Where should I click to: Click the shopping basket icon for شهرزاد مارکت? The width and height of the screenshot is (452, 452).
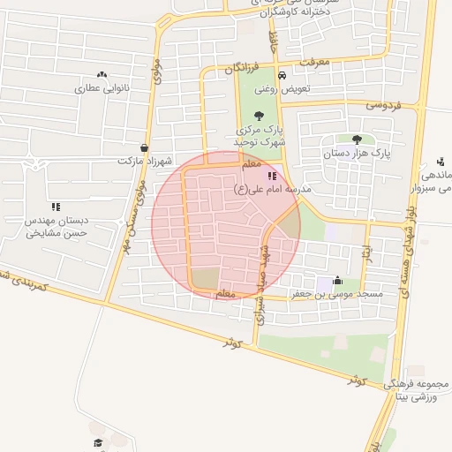[x=144, y=148]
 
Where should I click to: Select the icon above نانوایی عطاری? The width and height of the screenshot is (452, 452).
[x=102, y=75]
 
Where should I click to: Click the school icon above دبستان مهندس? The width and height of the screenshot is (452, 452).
[x=56, y=207]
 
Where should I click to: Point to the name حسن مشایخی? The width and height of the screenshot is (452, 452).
[x=55, y=234]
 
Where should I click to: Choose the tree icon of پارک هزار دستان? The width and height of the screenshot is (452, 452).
[x=357, y=139]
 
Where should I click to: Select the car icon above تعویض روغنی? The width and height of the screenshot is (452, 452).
[x=281, y=75]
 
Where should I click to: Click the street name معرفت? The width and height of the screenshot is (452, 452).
[x=313, y=63]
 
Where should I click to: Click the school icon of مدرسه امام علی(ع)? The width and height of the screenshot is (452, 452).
[x=271, y=177]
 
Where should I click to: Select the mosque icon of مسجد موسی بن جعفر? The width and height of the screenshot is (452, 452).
[x=336, y=281]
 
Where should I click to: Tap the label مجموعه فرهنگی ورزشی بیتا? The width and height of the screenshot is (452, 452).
[x=417, y=389]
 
